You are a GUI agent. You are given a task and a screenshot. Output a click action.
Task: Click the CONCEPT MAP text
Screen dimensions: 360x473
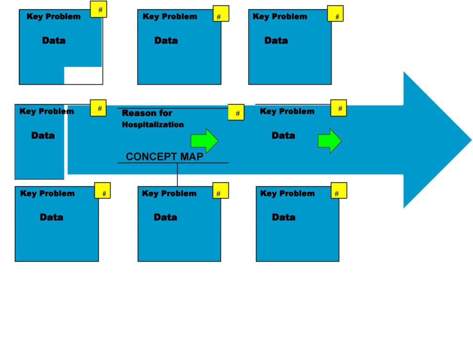(x=164, y=157)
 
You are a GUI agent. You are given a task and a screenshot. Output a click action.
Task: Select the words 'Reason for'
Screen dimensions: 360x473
(x=147, y=113)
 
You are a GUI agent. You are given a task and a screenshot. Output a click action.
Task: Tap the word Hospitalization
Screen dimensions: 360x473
(x=153, y=125)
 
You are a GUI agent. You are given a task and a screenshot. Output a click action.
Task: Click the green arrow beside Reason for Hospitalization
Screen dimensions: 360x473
(x=204, y=141)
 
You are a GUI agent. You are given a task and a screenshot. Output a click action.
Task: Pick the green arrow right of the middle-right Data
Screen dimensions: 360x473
(x=329, y=141)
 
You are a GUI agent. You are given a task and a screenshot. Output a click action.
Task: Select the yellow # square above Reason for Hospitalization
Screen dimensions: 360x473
(x=236, y=112)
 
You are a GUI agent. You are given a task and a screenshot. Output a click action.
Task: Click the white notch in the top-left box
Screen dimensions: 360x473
(x=83, y=75)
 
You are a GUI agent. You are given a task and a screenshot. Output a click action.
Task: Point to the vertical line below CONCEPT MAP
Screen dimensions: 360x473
(x=177, y=174)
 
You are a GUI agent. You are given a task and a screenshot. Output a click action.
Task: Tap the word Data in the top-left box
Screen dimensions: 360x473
(x=54, y=41)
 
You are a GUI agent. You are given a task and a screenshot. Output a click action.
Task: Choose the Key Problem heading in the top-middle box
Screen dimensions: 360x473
(x=170, y=17)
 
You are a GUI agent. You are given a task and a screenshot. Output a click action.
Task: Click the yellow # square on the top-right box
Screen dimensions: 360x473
(x=335, y=14)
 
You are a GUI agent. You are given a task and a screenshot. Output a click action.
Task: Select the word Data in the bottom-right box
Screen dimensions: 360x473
(x=284, y=217)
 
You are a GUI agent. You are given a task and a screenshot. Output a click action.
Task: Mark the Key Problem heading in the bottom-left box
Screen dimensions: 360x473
(x=47, y=194)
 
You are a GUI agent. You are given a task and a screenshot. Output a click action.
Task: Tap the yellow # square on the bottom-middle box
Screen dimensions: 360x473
(x=221, y=191)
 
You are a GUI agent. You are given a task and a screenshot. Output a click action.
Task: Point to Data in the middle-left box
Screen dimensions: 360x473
(x=43, y=136)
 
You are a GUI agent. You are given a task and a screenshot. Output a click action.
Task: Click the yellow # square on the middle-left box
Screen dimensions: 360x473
(x=98, y=108)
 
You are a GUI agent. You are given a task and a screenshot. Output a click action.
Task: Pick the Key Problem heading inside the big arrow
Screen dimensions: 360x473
(x=287, y=111)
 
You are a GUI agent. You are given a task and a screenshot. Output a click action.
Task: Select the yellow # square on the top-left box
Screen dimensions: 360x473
(x=98, y=9)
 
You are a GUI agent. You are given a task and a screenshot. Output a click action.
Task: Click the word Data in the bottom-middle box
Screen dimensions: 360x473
(x=165, y=217)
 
